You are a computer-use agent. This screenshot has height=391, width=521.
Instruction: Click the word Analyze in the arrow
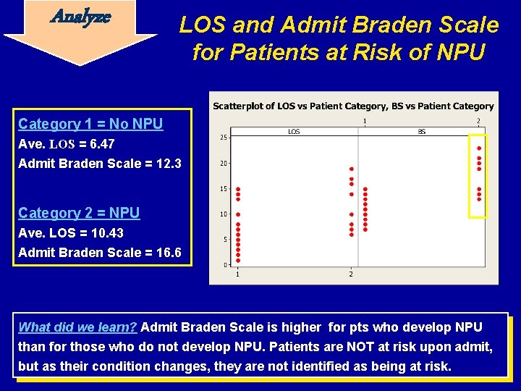(80, 17)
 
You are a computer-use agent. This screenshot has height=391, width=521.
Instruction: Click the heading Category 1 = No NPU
(90, 124)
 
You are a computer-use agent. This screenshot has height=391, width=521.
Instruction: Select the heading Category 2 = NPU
(79, 213)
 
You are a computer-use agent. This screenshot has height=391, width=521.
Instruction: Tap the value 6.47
(102, 144)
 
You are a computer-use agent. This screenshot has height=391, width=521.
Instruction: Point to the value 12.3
(169, 164)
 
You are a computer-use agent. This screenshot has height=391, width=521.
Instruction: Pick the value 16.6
(169, 253)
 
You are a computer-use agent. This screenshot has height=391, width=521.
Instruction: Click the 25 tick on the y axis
(224, 138)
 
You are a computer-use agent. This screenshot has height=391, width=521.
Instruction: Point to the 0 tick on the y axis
(225, 265)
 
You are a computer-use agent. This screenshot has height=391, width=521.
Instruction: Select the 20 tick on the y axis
(224, 163)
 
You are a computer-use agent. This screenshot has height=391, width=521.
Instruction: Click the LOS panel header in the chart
(294, 132)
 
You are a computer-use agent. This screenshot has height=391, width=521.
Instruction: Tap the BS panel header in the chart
(422, 132)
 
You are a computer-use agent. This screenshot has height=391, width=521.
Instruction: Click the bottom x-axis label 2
(351, 274)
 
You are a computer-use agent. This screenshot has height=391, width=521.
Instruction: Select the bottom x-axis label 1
(237, 274)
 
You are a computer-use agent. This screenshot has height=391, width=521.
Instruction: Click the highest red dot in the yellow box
(479, 148)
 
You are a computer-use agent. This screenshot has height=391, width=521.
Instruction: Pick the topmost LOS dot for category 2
(352, 169)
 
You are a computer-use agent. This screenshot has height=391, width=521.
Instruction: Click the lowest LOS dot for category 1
(238, 261)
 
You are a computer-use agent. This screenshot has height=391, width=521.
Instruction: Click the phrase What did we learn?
(77, 327)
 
